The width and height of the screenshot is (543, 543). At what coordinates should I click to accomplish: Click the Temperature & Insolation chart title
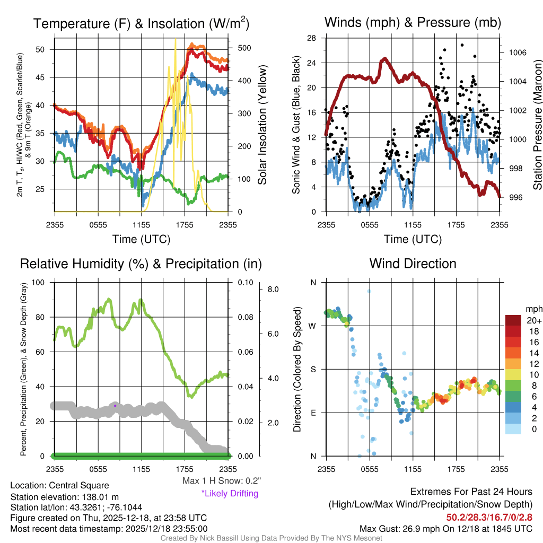(x=141, y=23)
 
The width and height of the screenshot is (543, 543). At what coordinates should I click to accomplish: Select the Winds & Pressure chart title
(x=413, y=23)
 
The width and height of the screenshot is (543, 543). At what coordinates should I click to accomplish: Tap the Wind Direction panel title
(x=413, y=264)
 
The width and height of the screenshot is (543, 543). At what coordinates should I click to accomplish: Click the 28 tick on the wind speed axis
(x=311, y=38)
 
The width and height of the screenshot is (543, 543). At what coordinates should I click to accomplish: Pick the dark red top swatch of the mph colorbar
(x=514, y=320)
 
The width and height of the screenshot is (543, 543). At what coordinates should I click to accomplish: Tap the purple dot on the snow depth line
(x=115, y=406)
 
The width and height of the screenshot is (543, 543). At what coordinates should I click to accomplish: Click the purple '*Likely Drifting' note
(x=230, y=494)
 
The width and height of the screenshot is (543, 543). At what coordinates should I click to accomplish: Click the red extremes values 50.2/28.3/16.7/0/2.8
(x=489, y=516)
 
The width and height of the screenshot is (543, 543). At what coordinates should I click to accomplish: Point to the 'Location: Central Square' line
(x=59, y=485)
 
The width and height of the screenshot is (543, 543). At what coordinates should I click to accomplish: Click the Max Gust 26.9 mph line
(x=446, y=528)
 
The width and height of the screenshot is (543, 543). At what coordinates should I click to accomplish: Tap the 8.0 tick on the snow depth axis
(x=273, y=290)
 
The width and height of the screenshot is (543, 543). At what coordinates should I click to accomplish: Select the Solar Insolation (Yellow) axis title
(x=262, y=124)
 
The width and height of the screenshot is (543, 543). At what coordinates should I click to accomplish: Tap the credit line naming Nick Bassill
(x=271, y=538)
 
